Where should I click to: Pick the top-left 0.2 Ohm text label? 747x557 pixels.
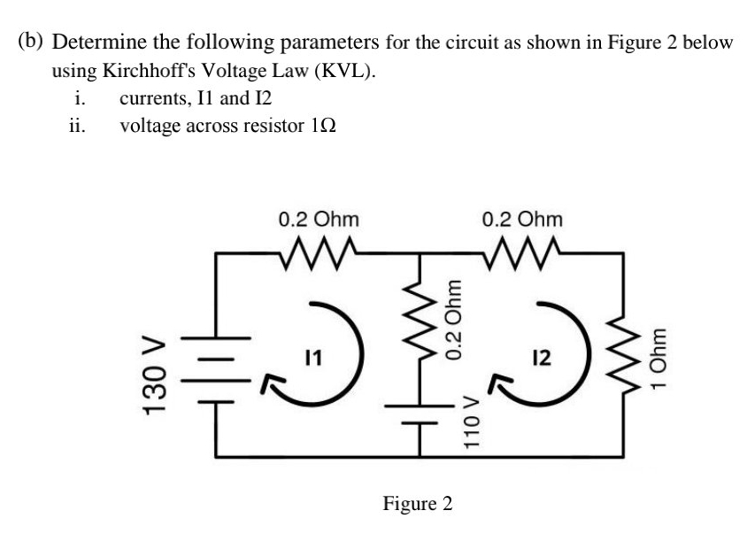pos(318,217)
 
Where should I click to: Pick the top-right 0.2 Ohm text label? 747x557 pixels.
pos(523,217)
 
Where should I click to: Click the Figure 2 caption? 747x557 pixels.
pos(417,504)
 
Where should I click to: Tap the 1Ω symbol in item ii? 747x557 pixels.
pos(323,126)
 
